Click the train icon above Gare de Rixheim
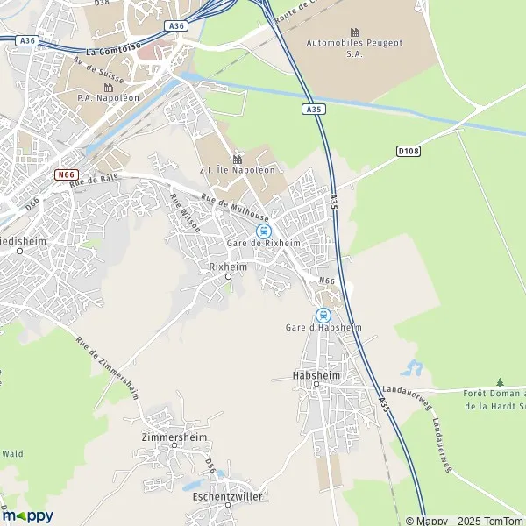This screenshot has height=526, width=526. (x=263, y=230)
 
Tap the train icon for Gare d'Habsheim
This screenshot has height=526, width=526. (x=323, y=315)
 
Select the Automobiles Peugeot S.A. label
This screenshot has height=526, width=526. (x=355, y=47)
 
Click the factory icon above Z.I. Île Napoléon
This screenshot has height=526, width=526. (x=237, y=159)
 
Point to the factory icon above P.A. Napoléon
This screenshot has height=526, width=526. (x=109, y=87)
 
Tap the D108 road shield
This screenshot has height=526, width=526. (x=407, y=151)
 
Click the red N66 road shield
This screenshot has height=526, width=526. (x=65, y=174)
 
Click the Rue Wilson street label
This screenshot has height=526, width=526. (x=185, y=212)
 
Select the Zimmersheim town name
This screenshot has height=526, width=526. (x=174, y=434)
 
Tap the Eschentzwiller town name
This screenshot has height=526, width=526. (x=227, y=496)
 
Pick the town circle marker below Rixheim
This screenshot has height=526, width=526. (x=228, y=276)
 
